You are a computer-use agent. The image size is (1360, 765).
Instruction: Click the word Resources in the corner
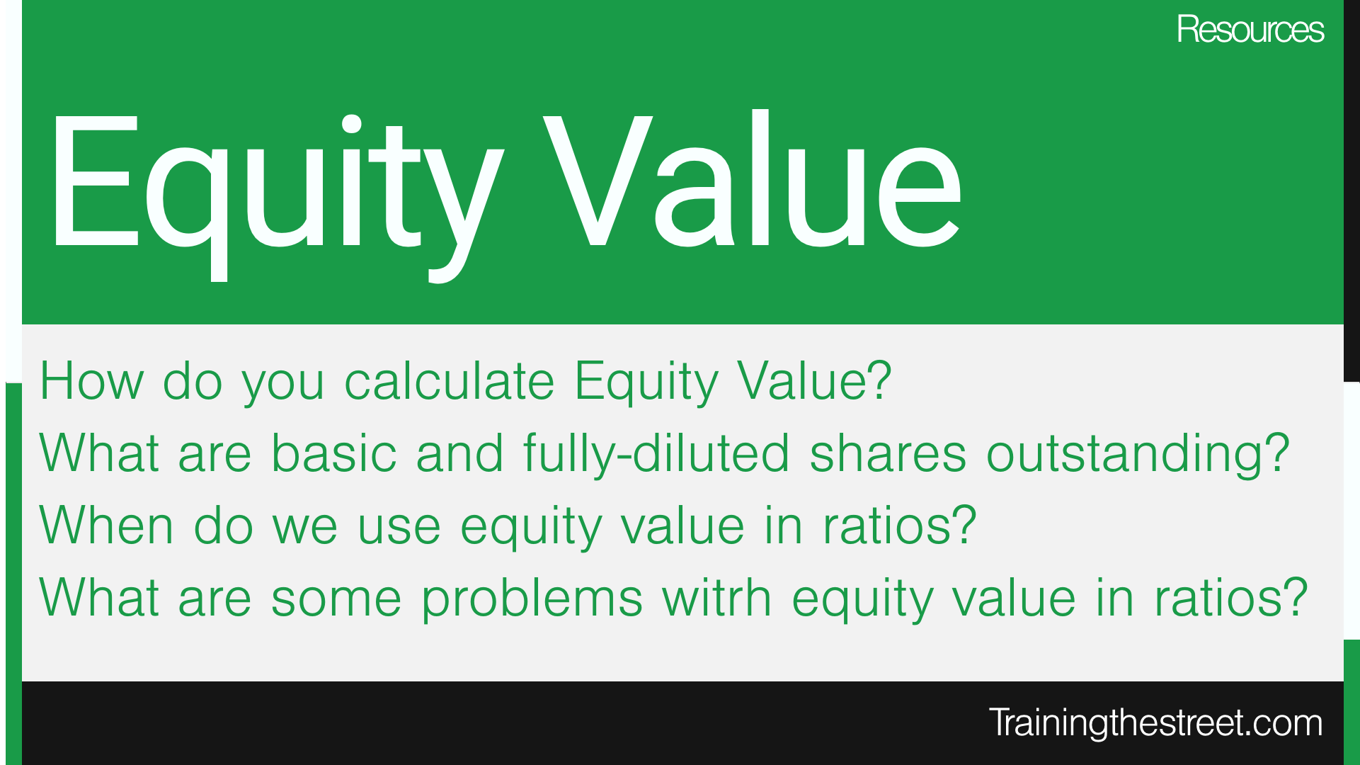pos(1250,30)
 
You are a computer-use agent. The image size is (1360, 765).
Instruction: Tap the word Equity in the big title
pos(276,196)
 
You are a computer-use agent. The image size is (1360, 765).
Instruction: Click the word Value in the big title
pos(753,181)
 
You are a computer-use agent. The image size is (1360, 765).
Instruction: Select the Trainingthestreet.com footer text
pos(1155,722)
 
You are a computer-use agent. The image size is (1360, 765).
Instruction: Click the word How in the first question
pos(91,381)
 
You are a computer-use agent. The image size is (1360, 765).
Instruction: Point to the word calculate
pos(449,381)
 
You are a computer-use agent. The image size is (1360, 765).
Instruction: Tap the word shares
pos(888,453)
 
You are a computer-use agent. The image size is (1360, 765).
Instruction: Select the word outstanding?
pos(1138,455)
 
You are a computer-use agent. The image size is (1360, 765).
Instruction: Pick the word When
pos(106,526)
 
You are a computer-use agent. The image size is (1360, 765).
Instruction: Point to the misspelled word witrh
pos(716,598)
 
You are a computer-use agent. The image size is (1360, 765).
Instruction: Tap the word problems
pos(532,601)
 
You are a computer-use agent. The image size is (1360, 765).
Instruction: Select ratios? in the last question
pos(1230,598)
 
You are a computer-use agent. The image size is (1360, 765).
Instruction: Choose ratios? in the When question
pos(899,526)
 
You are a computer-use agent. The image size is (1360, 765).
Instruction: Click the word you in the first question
pos(282,387)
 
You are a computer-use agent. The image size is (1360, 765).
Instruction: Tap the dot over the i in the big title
pos(352,123)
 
